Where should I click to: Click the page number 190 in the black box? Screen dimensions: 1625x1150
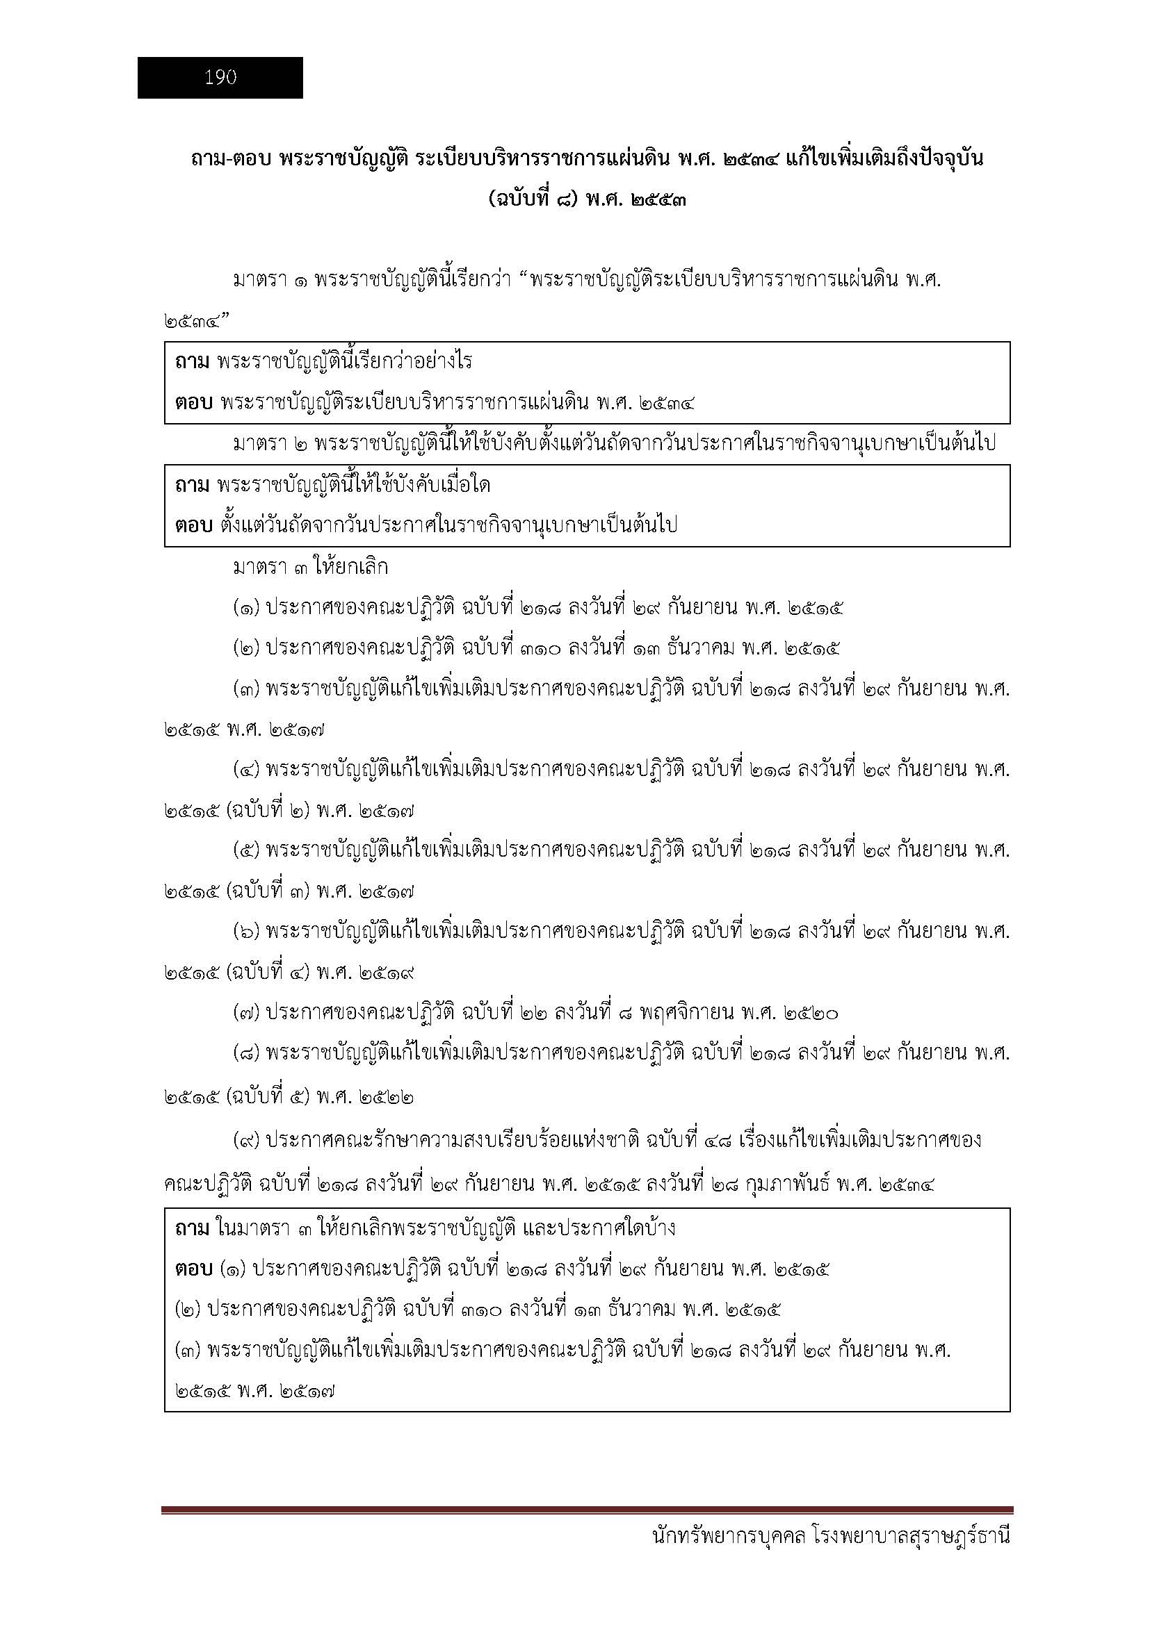(x=220, y=78)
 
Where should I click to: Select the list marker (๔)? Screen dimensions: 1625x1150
(x=247, y=770)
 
